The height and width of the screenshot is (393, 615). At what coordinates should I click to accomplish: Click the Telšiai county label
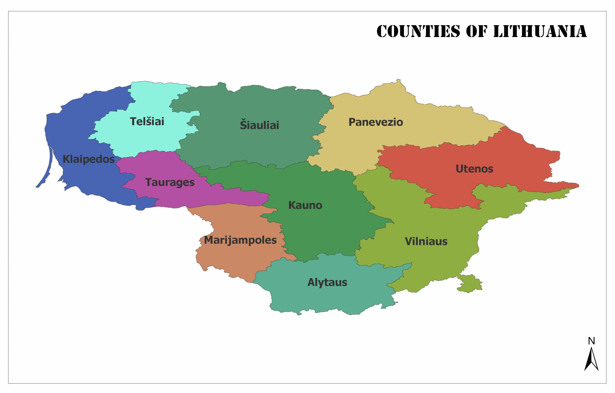pos(147,122)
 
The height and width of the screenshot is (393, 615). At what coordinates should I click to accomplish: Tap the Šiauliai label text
pos(259,125)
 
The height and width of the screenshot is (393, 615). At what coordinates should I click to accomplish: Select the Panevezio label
pos(376,122)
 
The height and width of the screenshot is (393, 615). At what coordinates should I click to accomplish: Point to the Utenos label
pos(474,169)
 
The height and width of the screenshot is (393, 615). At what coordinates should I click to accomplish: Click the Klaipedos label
pos(88,159)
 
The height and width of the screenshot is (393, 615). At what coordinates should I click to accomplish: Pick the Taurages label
pos(170,182)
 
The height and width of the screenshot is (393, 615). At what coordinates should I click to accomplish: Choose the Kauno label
pos(305,205)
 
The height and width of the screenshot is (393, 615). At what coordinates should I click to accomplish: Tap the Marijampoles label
pos(240,240)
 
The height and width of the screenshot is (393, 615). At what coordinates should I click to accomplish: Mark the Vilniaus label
pos(426,242)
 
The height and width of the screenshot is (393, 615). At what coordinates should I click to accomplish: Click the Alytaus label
pos(327,283)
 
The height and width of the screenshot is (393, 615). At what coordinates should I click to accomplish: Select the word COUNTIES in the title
pos(418,32)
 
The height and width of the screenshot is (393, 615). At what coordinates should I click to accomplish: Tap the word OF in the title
pos(477,32)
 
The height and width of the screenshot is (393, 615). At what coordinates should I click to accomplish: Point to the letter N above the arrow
pos(591,341)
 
